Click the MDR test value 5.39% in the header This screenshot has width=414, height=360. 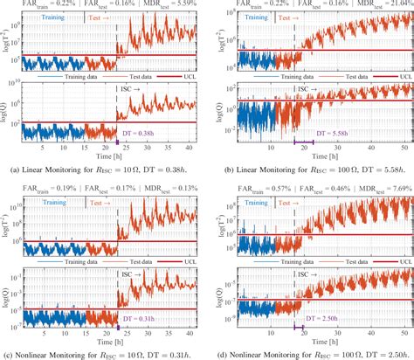click(x=171, y=4)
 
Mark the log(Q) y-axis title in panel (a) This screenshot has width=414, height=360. click(x=7, y=109)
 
